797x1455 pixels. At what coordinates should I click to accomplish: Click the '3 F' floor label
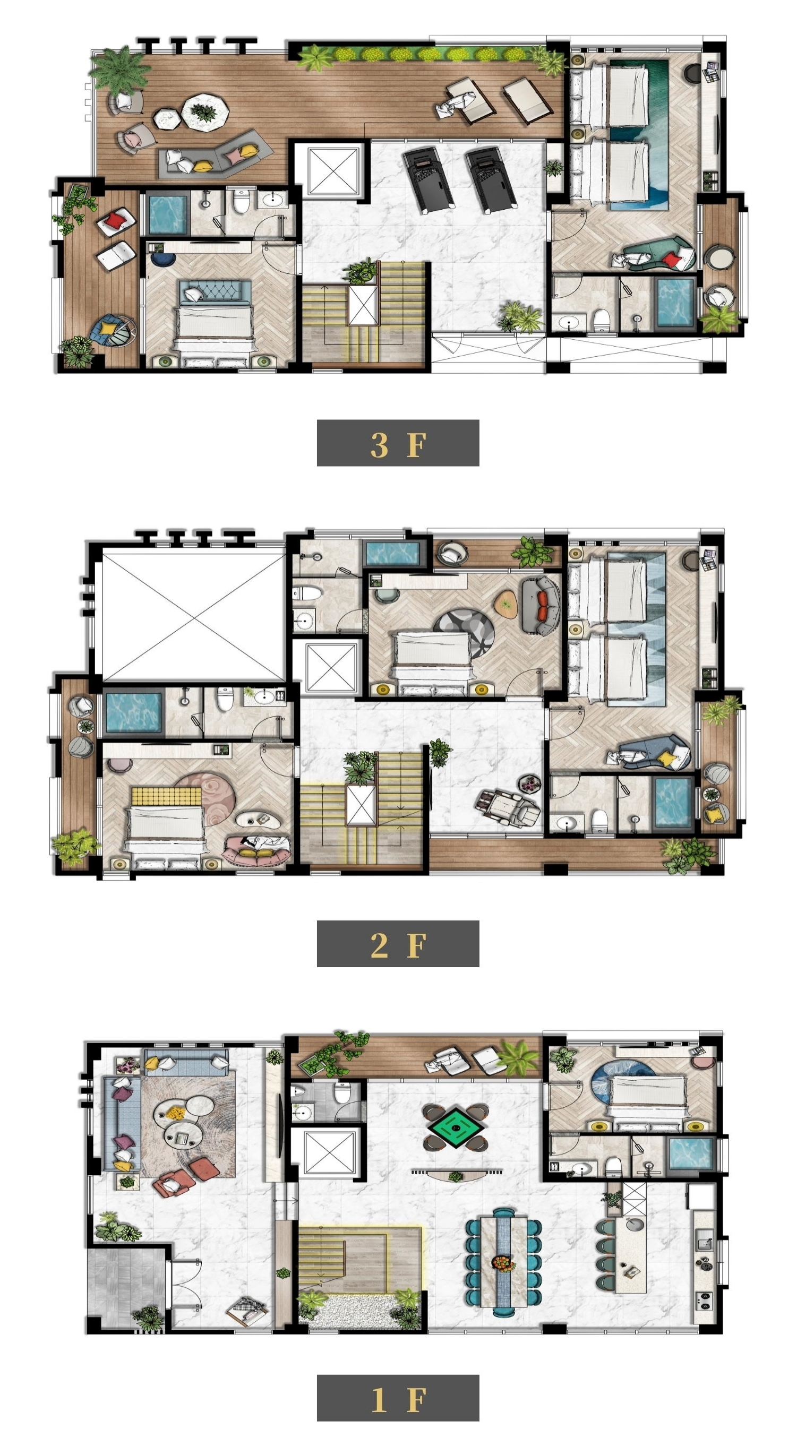[x=398, y=443]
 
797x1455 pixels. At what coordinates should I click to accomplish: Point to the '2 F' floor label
[x=398, y=944]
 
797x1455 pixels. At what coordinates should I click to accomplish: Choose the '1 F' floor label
[x=398, y=1398]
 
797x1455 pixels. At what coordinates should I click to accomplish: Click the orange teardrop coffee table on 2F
[x=507, y=605]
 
